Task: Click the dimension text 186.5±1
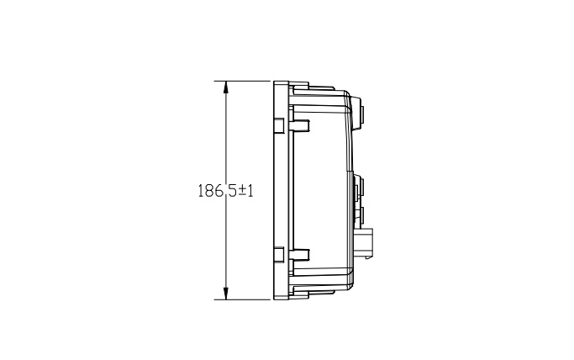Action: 225,191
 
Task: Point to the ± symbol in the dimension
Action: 242,191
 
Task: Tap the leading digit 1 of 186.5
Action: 201,191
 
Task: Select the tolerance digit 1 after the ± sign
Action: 250,191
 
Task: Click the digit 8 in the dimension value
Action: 208,191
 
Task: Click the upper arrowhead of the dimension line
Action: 226,87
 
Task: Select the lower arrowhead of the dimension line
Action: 226,294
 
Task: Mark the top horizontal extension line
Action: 242,81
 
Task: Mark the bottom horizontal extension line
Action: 242,299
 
